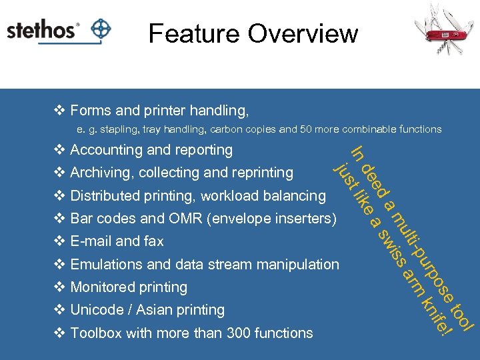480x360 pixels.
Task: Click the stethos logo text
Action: pyautogui.click(x=41, y=31)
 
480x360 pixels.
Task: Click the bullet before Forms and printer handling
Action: pyautogui.click(x=59, y=110)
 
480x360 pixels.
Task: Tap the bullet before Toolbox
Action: pyautogui.click(x=59, y=333)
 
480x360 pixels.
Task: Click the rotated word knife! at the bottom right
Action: pyautogui.click(x=437, y=316)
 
